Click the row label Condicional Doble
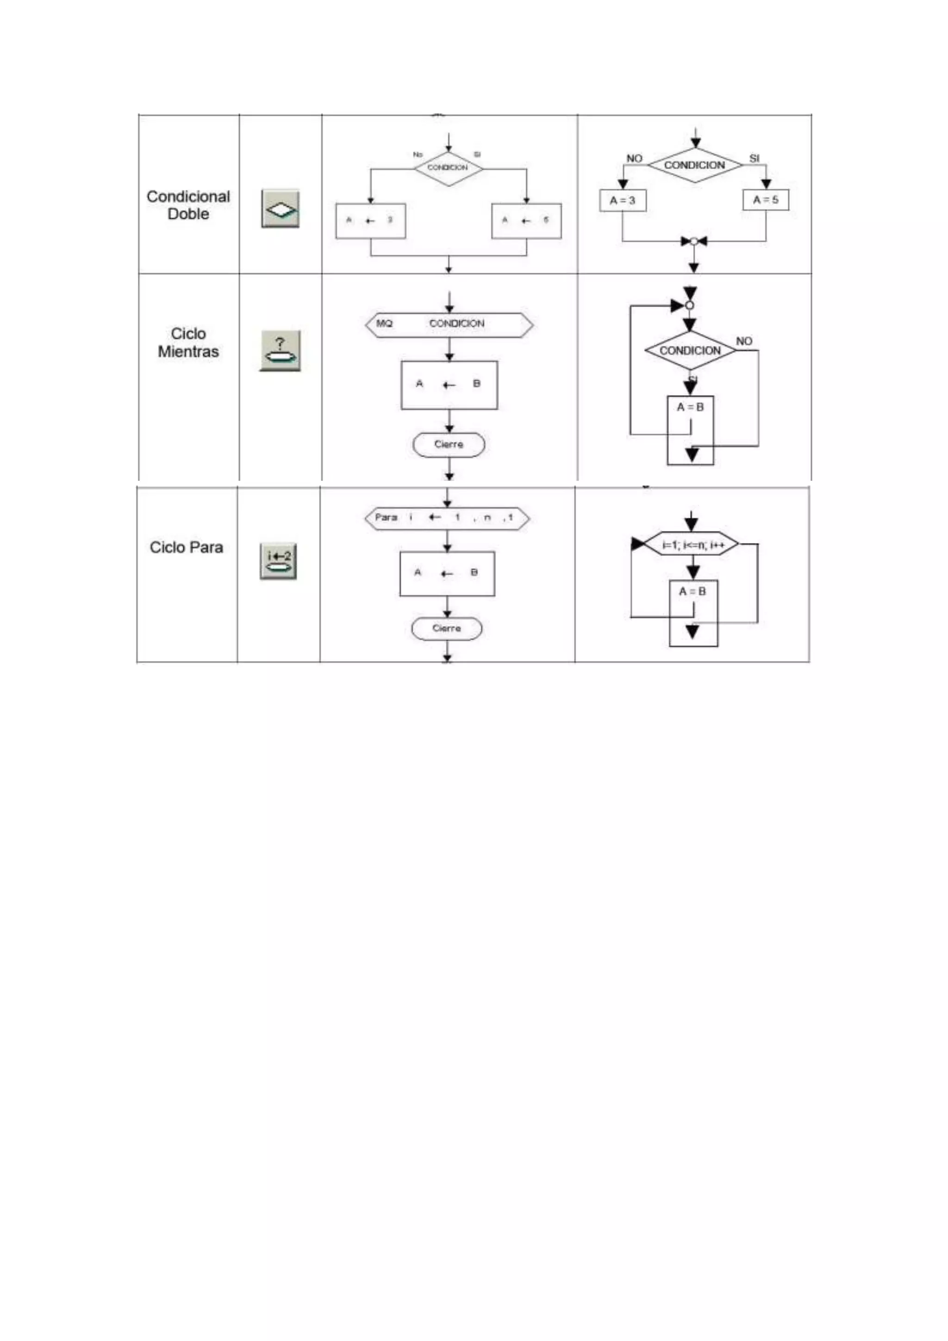[188, 205]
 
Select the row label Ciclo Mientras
[188, 342]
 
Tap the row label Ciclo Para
[186, 547]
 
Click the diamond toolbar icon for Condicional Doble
[280, 208]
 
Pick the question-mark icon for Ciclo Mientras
[280, 351]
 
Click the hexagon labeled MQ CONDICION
[449, 325]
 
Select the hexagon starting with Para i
[447, 518]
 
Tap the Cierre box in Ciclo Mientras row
[449, 445]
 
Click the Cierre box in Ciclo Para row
[447, 629]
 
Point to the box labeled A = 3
[623, 200]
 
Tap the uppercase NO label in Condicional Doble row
[634, 158]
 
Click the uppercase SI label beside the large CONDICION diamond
[754, 158]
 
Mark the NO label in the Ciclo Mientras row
[744, 341]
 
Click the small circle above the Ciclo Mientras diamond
[689, 305]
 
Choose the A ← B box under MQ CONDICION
[449, 385]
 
